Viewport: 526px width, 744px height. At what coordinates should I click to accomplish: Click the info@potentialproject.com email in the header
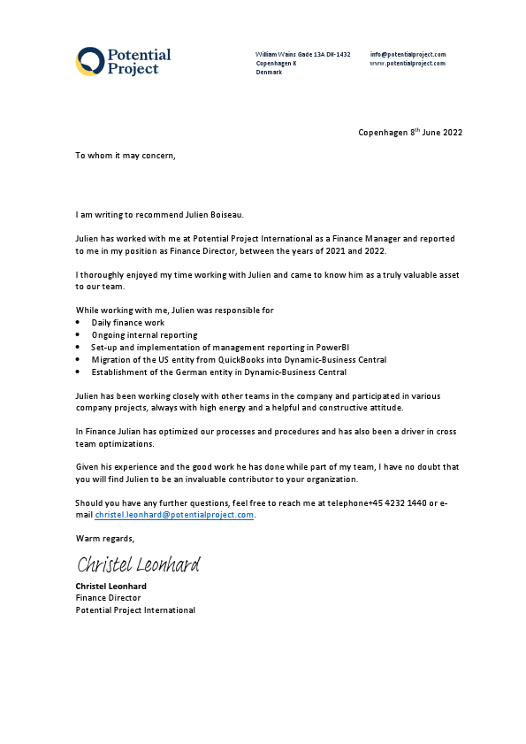pos(408,55)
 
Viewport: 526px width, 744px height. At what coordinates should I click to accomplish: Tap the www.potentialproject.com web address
pos(408,64)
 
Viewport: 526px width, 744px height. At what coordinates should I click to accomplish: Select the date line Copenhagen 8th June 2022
pos(409,133)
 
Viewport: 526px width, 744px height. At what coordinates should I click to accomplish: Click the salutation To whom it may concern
pos(126,156)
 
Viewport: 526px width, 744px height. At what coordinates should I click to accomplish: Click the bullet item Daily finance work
pos(128,323)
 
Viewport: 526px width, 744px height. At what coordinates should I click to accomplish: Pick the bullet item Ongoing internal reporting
pos(144,335)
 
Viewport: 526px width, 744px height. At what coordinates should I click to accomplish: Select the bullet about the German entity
pos(218,372)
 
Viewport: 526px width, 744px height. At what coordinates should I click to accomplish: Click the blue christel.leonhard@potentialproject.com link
pos(174,515)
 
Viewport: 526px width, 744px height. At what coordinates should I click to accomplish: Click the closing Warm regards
pos(104,538)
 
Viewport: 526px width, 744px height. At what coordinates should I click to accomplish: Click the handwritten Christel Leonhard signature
pos(138,564)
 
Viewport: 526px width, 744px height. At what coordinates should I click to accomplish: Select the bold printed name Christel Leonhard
pos(111,586)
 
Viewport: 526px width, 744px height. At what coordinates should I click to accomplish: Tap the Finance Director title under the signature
pos(108,598)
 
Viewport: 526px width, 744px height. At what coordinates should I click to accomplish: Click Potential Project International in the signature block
pos(134,610)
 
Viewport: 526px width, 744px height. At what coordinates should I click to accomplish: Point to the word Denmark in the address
pos(269,73)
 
